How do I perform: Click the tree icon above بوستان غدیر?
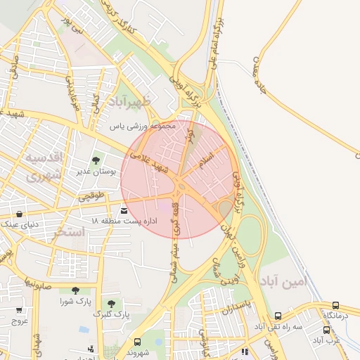click(96, 162)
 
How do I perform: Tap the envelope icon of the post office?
click(124, 210)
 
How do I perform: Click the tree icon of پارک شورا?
click(75, 290)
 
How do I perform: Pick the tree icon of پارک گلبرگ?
click(111, 303)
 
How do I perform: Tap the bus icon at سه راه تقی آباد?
click(278, 316)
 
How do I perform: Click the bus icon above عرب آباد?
click(326, 330)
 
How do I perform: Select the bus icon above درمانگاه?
click(335, 306)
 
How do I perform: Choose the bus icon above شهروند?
click(137, 342)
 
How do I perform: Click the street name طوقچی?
click(91, 195)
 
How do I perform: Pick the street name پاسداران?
click(236, 304)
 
